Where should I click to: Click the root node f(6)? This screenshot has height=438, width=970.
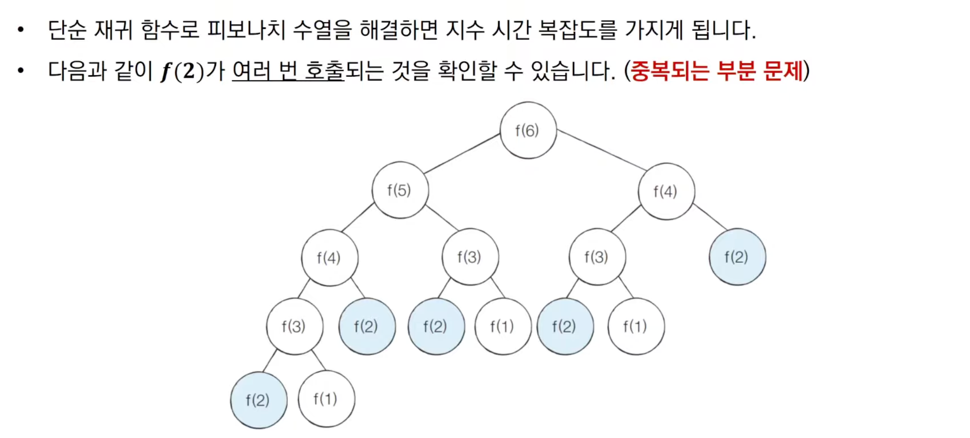528,131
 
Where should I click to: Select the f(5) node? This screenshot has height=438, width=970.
400,190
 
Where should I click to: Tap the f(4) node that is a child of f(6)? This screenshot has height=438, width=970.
666,192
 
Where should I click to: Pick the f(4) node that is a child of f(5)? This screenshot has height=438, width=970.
329,258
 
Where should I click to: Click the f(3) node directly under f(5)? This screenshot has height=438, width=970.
470,257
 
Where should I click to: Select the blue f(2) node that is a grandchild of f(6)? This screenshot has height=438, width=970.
737,257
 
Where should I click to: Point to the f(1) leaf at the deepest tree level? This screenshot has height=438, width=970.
326,399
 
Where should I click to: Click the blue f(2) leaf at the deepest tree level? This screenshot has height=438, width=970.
259,401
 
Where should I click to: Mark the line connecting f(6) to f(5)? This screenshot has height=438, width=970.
462,154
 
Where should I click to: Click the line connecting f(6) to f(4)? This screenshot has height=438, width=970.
602,150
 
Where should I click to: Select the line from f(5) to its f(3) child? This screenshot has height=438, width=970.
442,218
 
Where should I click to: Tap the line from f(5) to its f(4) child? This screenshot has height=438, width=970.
358,218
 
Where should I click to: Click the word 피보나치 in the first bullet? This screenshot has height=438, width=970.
246,30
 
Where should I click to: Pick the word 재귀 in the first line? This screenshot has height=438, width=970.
113,30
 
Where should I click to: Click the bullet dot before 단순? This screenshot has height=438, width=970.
21,30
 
